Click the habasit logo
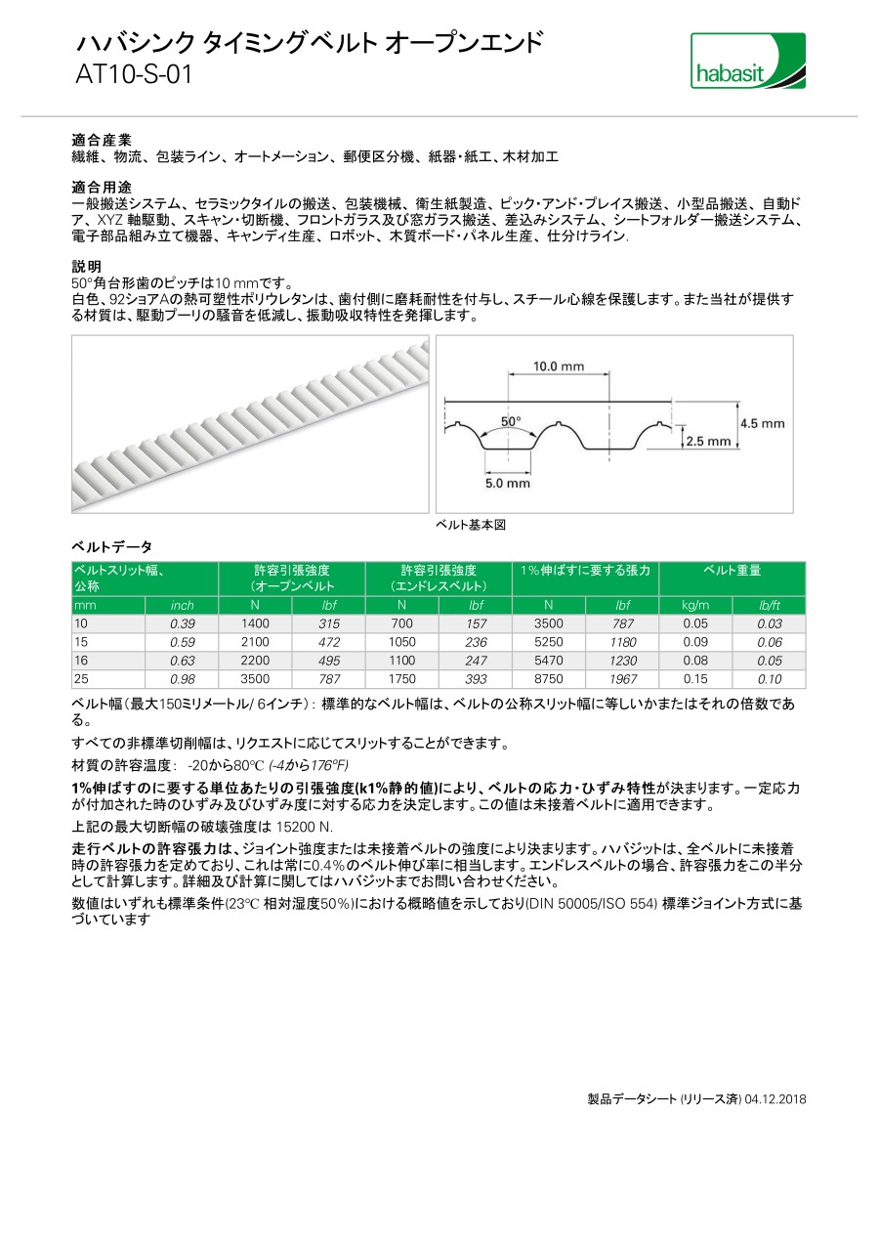click(748, 61)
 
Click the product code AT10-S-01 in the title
click(134, 75)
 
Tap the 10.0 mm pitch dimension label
click(558, 366)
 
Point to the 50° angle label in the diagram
click(511, 421)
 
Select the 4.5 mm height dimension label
click(762, 423)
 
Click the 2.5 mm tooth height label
click(708, 442)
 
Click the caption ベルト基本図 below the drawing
click(471, 525)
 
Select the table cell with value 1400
click(256, 623)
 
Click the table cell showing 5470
click(549, 661)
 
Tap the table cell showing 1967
click(622, 679)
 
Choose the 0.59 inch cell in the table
click(183, 642)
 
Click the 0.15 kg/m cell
click(695, 679)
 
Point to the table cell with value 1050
click(402, 642)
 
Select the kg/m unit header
click(695, 606)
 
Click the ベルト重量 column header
click(732, 571)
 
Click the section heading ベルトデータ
click(112, 546)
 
